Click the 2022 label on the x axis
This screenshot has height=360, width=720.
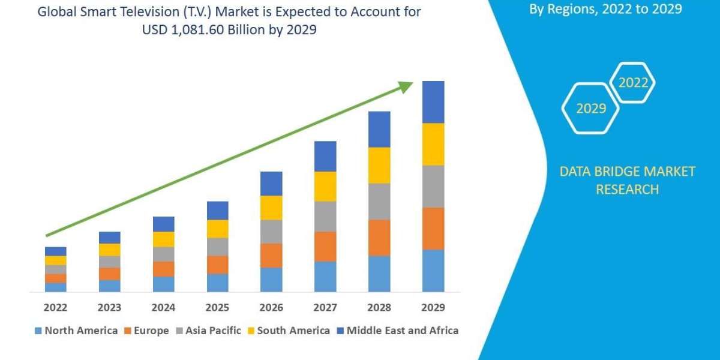[x=55, y=308]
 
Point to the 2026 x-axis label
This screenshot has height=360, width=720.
[x=271, y=308]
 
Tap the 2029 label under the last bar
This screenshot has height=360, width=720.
[x=433, y=308]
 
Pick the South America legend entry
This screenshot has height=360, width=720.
[x=287, y=331]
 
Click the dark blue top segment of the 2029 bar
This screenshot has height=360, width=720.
[x=433, y=102]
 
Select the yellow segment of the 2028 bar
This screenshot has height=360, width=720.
[x=379, y=165]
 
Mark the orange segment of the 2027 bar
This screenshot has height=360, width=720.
[x=325, y=246]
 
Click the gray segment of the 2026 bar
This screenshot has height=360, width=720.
[x=271, y=232]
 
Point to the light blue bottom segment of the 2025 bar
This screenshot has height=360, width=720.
[x=217, y=283]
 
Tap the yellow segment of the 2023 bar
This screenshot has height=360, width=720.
[x=109, y=250]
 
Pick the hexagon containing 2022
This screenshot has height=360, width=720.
[x=632, y=83]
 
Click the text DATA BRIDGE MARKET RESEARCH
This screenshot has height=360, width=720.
[x=627, y=180]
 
